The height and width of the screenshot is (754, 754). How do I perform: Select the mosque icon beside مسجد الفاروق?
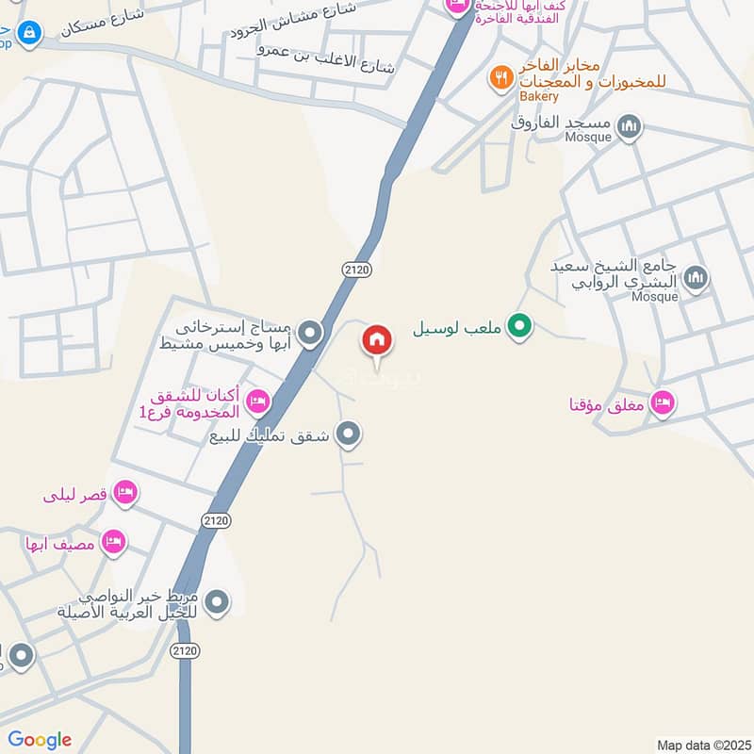click(629, 125)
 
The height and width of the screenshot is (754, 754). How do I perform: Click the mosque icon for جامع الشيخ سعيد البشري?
click(697, 277)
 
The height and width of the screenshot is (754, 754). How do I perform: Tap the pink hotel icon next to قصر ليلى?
click(124, 492)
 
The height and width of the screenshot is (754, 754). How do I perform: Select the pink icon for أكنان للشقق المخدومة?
click(257, 403)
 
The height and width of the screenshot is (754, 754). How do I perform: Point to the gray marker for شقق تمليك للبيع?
click(349, 434)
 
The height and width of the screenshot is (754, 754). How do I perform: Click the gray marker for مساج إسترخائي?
click(309, 333)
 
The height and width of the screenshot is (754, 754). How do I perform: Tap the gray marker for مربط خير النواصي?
click(218, 601)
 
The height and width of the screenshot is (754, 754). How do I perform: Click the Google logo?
click(41, 740)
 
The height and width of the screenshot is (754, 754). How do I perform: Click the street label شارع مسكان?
click(103, 21)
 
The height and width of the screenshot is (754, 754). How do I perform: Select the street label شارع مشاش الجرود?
click(293, 19)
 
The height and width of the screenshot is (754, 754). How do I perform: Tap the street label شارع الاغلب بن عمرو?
click(329, 57)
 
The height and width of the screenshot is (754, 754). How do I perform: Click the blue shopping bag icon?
click(30, 34)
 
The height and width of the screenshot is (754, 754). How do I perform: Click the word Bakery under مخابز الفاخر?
click(539, 96)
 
